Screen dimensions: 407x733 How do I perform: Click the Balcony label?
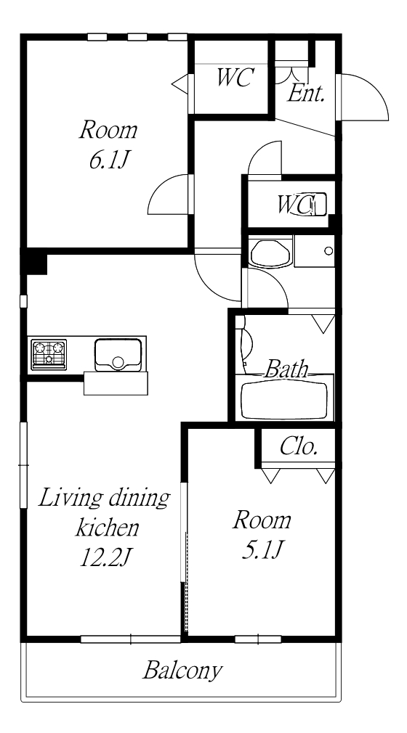click(x=182, y=671)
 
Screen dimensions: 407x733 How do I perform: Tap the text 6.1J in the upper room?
click(x=108, y=161)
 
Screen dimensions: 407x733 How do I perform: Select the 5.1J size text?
click(x=262, y=550)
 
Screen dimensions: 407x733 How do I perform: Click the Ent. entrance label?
click(x=306, y=94)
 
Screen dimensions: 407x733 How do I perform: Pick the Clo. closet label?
click(x=299, y=447)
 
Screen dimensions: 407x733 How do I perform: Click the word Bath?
click(x=286, y=369)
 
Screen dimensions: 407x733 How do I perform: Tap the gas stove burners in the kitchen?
click(x=49, y=355)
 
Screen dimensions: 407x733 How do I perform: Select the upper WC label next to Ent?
click(x=235, y=78)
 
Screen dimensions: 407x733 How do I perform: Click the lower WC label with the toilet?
click(x=296, y=204)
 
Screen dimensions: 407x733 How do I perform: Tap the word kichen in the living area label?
click(x=108, y=528)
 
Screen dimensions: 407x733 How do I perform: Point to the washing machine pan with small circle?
click(x=314, y=251)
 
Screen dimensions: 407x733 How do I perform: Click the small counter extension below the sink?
click(x=116, y=383)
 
